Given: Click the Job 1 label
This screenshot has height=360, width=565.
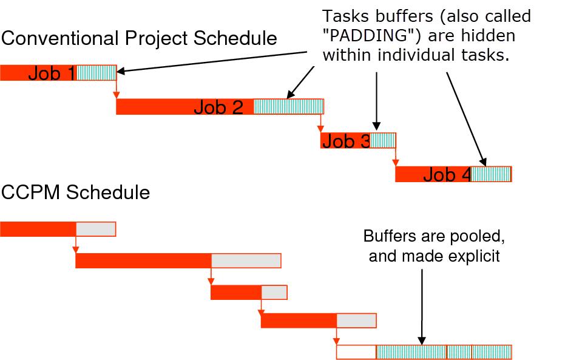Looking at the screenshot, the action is click(x=52, y=73).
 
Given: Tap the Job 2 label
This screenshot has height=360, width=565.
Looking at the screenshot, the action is click(x=218, y=107).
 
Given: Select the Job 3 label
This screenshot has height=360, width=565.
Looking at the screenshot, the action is click(x=347, y=141).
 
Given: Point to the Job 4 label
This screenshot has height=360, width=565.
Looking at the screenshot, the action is click(x=447, y=174).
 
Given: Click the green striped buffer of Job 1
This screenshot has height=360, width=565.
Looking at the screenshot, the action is click(x=96, y=73).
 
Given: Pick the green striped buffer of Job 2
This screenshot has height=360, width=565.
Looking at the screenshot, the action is click(x=289, y=107).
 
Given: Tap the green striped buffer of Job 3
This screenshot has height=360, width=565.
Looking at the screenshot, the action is click(x=383, y=141).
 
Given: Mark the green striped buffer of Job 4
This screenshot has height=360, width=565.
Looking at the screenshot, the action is click(x=491, y=174).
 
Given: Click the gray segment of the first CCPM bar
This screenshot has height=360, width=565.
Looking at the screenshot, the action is click(x=96, y=229).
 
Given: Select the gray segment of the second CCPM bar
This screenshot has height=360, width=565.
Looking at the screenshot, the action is click(x=246, y=261).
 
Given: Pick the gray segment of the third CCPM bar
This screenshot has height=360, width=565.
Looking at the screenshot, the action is click(x=274, y=292).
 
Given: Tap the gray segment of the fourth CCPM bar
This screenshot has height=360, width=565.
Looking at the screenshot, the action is click(x=356, y=321).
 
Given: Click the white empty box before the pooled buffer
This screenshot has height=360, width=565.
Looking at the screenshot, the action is click(x=356, y=352).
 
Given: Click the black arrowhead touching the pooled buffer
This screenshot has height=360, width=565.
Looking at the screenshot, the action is click(x=422, y=341).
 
